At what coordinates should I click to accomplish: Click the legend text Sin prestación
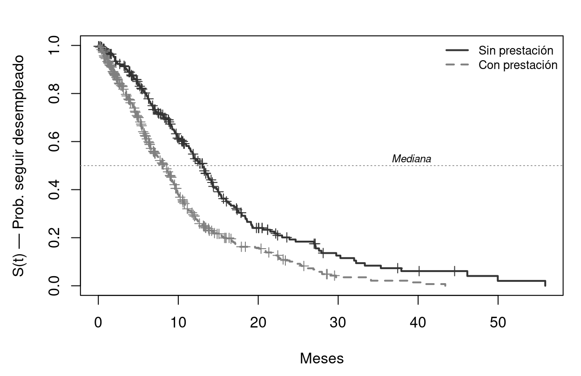coord(516,50)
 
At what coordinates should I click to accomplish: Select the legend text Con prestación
coord(518,65)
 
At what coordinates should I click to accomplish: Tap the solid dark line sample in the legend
coord(457,50)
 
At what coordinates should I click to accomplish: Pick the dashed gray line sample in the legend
coord(457,65)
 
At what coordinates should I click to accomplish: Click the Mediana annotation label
coord(411,159)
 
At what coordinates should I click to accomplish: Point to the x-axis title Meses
coord(322,359)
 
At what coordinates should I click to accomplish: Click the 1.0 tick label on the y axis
coord(55,46)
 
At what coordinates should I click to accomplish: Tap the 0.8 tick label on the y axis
coord(55,94)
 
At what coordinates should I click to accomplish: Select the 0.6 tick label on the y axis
coord(55,142)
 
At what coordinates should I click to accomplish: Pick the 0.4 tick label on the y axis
coord(55,190)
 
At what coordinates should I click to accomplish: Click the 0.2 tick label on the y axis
coord(55,238)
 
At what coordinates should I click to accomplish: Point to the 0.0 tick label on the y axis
coord(55,286)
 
